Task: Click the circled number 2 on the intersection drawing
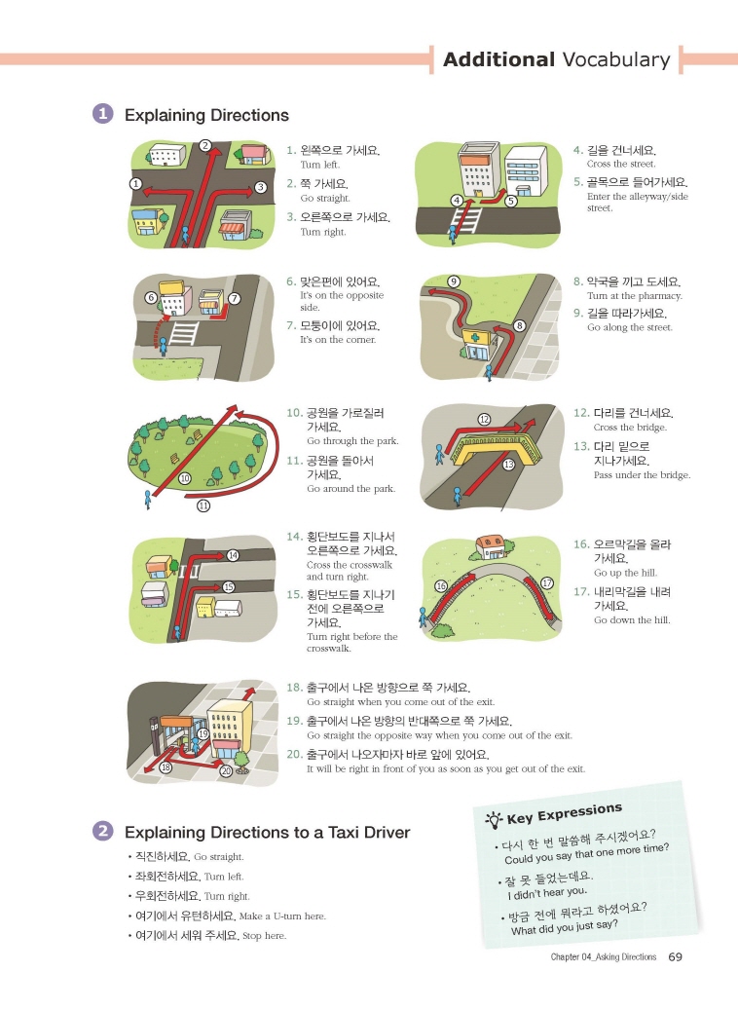pos(205,145)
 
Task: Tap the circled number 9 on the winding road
pos(454,281)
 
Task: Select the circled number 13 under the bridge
pos(509,464)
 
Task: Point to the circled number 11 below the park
pos(203,505)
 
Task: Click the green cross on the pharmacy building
pos(475,338)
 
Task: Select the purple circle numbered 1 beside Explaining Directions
pos(102,114)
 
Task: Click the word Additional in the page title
pos(499,60)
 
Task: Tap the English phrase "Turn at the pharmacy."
pos(635,296)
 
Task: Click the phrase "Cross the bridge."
pos(630,428)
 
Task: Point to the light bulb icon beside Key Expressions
pos(494,820)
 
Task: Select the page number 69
pos(675,956)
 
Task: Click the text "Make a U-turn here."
pos(282,916)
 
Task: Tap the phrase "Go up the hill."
pos(625,573)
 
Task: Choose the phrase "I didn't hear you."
pos(547,893)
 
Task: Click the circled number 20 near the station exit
pos(226,770)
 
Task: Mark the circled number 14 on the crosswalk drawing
pos(233,555)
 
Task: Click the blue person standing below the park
pos(147,500)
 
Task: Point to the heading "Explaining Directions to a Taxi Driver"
pos(267,832)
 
